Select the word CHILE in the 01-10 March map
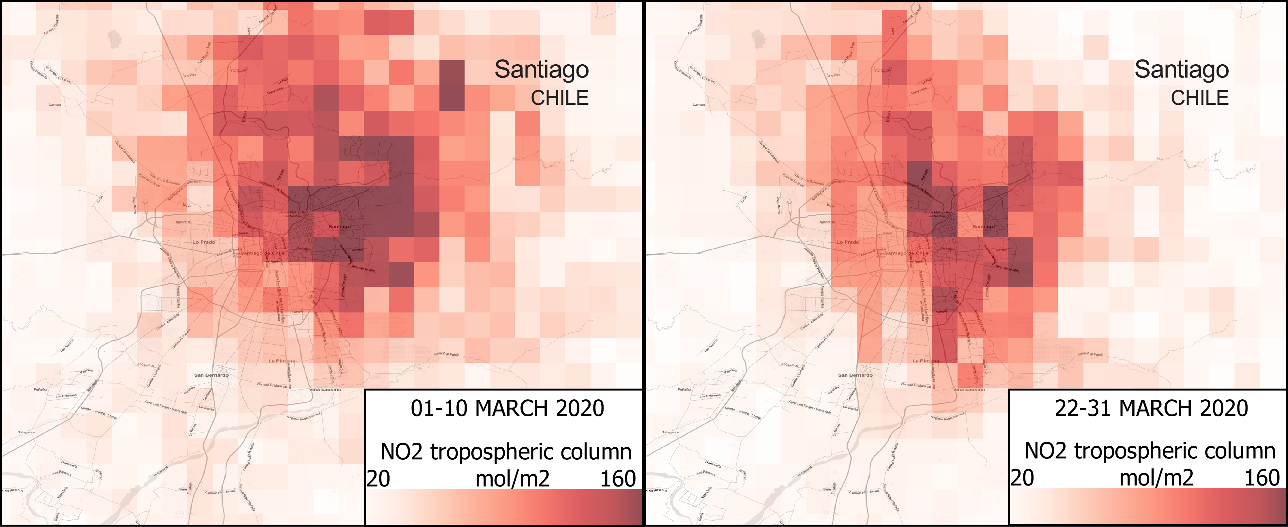[560, 98]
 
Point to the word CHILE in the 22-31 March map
[1200, 98]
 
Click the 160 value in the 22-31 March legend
[1262, 478]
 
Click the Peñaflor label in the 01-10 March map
[40, 389]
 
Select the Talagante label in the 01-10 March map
[26, 432]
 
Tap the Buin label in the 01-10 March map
[183, 489]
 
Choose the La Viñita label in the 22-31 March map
[833, 75]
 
